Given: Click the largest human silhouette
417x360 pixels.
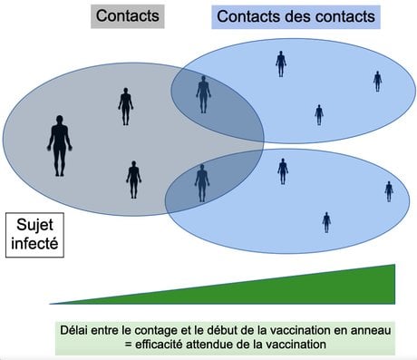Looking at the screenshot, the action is [60, 146].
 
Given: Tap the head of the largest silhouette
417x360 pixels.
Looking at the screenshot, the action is [60, 119].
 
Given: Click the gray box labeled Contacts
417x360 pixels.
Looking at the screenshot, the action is [128, 16].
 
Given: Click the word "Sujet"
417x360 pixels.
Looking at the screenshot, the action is [34, 225].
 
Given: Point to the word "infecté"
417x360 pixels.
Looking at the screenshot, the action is [34, 243].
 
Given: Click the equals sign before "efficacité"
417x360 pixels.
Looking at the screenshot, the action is [128, 345].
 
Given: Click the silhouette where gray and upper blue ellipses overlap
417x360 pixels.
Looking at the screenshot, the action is [203, 94].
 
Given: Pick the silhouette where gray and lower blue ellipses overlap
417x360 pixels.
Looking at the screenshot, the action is [202, 183].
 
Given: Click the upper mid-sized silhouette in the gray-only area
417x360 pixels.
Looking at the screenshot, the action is [125, 106].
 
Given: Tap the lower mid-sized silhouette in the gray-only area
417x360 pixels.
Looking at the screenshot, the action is [133, 180].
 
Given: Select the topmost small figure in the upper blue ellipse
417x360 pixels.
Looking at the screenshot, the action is [281, 63].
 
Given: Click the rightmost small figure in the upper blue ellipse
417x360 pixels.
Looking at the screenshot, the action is [377, 82].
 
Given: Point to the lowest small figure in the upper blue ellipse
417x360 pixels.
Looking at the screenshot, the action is [319, 115].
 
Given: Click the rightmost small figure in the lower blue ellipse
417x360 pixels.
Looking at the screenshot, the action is [389, 191].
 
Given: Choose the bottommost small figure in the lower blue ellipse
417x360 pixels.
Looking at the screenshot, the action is [326, 222].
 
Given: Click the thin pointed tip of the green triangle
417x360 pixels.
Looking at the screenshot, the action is [50, 304].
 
